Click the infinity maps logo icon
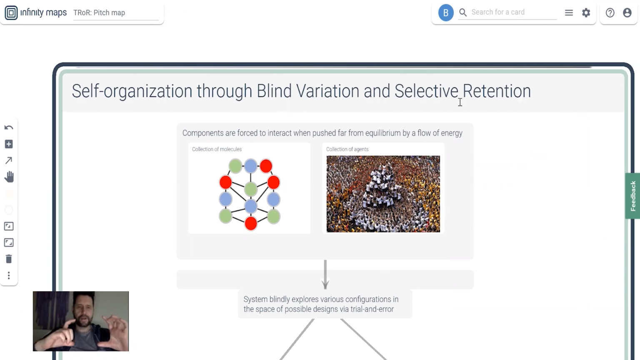(x=11, y=12)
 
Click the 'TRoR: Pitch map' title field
(x=116, y=13)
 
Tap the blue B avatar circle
(x=446, y=12)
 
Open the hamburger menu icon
(x=569, y=12)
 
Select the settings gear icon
(x=586, y=12)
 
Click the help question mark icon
(x=610, y=12)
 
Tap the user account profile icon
(x=627, y=12)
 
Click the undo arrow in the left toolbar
(x=9, y=127)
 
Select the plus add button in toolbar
(x=9, y=144)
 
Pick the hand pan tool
(x=9, y=177)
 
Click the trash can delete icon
(x=9, y=259)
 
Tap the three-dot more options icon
(x=9, y=275)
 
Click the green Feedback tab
(x=632, y=196)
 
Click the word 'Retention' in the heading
(x=497, y=91)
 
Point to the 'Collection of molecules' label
(x=217, y=149)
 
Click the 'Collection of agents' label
(x=347, y=149)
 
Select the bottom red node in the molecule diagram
(x=251, y=223)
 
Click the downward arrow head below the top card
(x=325, y=284)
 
